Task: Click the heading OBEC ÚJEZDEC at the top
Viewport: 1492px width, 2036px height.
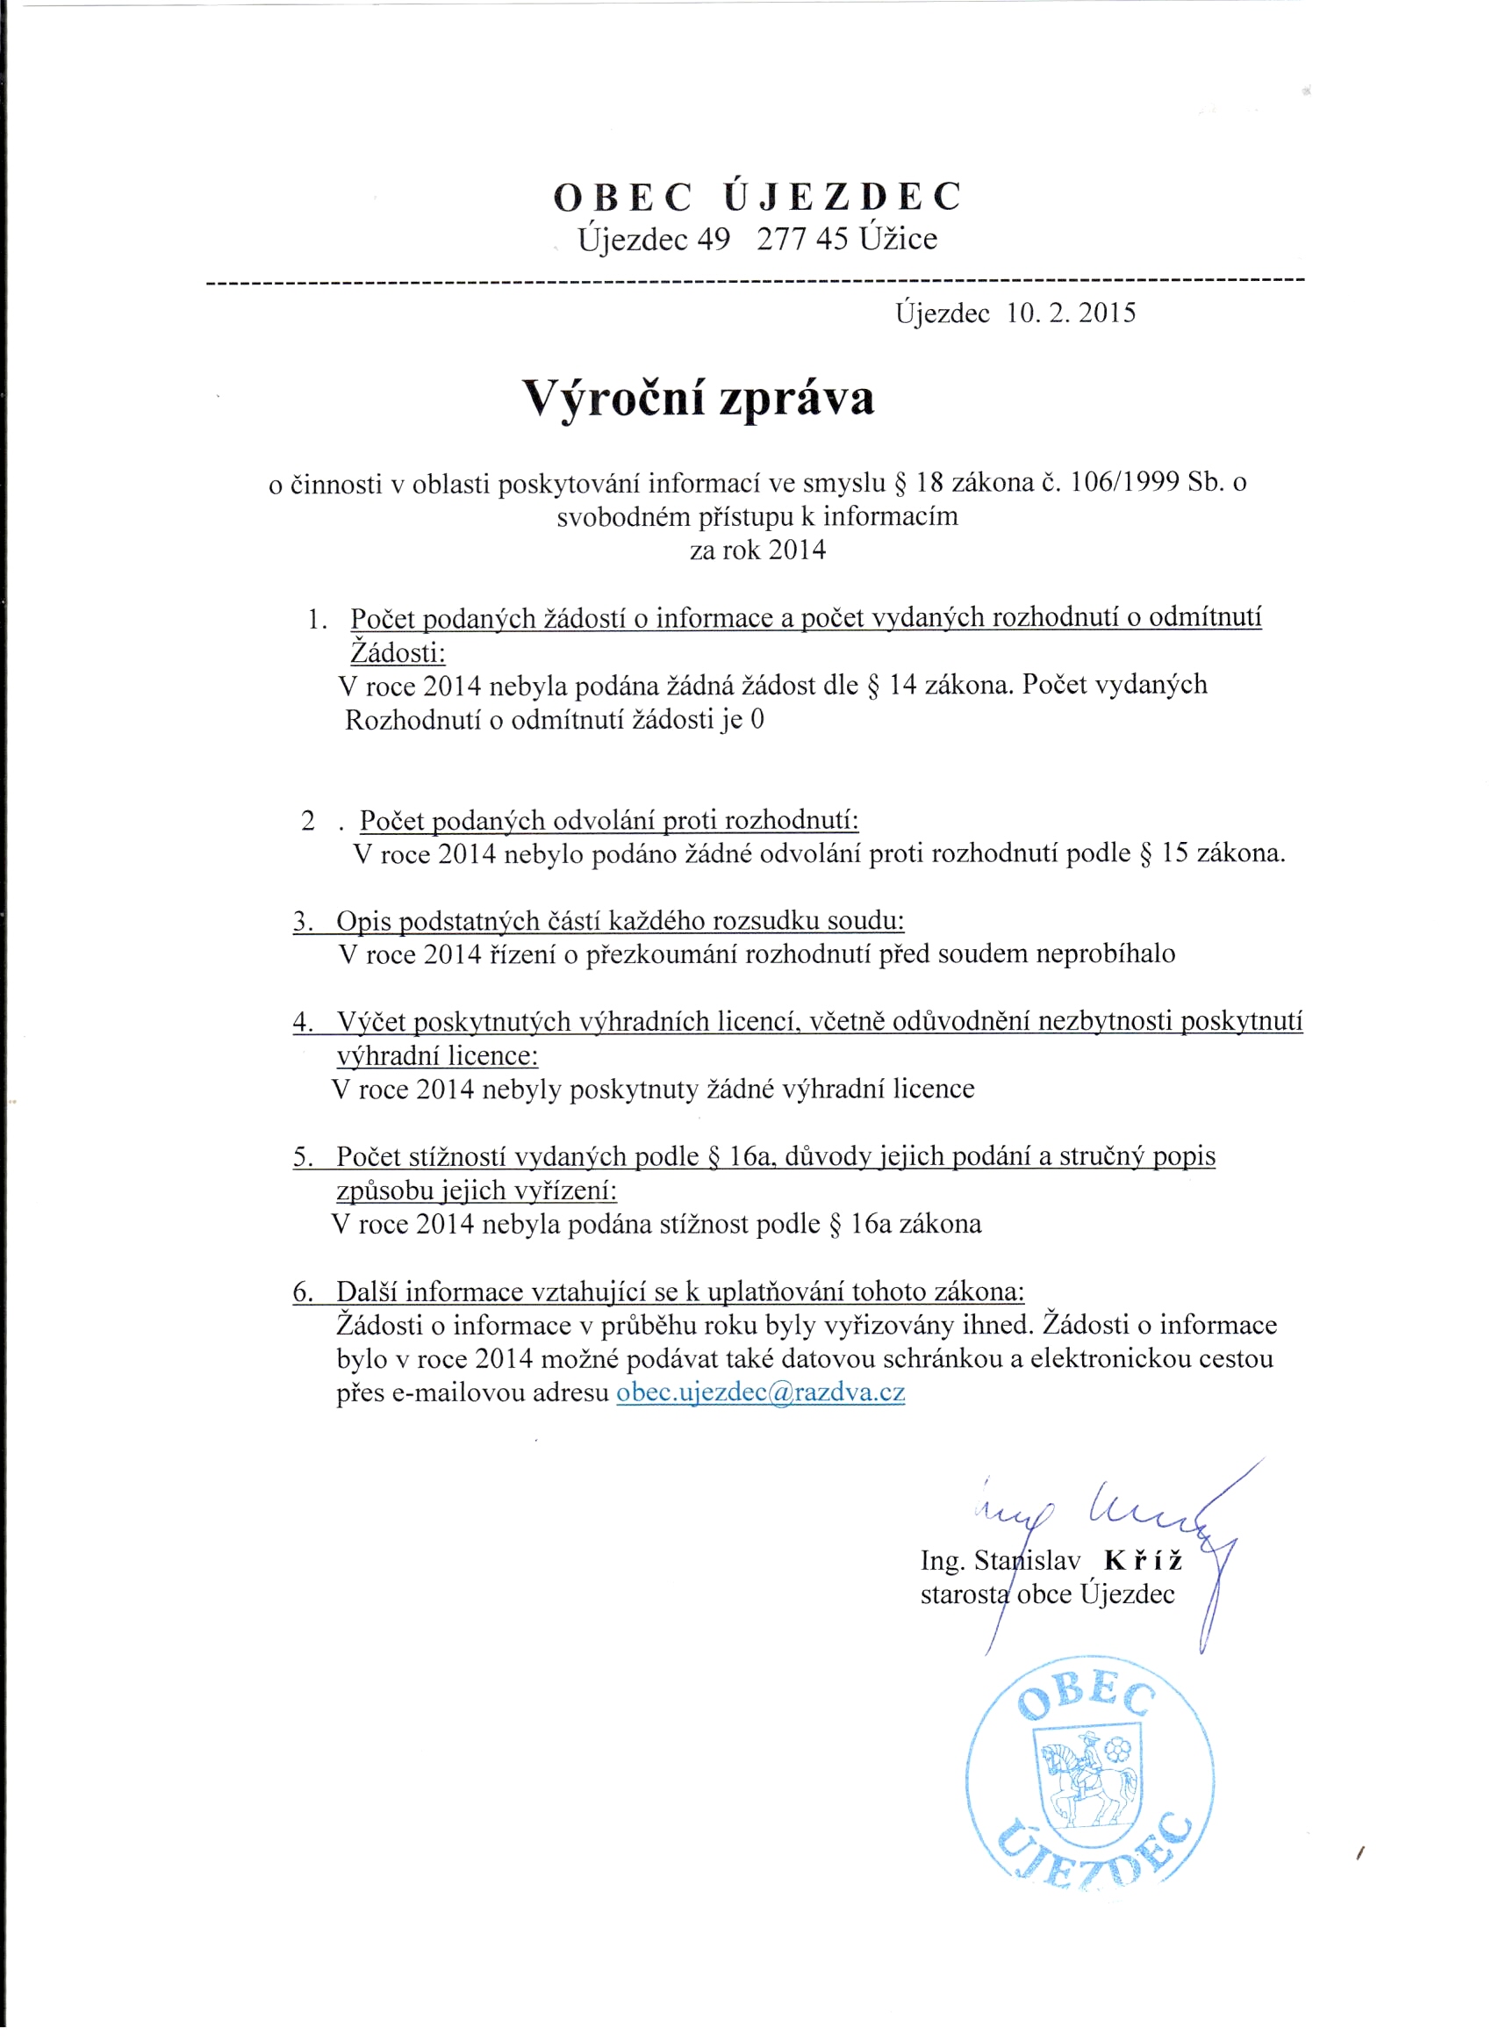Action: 757,197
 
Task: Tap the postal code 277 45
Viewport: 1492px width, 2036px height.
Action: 802,240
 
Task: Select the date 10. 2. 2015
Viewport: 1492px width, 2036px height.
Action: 1070,313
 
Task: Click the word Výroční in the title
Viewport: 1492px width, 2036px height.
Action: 613,399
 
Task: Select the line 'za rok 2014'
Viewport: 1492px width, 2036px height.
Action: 757,550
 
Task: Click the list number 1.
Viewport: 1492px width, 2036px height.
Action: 315,620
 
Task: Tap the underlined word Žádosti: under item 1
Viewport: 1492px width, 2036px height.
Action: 398,652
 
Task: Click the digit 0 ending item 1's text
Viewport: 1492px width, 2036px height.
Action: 757,720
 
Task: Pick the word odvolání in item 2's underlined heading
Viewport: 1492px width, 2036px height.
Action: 604,821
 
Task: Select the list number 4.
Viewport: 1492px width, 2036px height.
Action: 302,1023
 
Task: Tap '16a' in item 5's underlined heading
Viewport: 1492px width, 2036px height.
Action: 749,1157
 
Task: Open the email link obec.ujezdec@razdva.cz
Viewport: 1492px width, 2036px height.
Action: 760,1392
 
